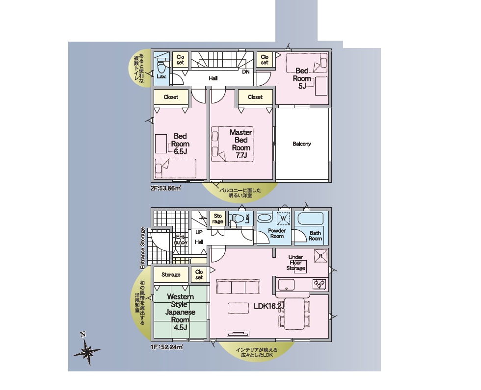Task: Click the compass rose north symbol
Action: point(87,350)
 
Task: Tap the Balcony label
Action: point(301,144)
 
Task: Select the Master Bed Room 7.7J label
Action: point(241,144)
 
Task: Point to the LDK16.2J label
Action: point(269,306)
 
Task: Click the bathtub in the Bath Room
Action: point(310,218)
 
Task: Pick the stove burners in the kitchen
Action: point(320,284)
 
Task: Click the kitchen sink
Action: point(286,284)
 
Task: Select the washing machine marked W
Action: point(284,218)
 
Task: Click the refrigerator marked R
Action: point(321,256)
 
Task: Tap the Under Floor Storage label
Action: point(295,263)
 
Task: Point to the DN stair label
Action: point(246,72)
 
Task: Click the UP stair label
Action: point(199,232)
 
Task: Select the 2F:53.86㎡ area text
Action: point(166,188)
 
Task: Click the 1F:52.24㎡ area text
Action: point(166,347)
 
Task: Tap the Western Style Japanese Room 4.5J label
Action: point(180,312)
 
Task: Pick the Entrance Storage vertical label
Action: point(142,248)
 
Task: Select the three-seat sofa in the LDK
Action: point(239,287)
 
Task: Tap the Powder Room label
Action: point(277,233)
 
